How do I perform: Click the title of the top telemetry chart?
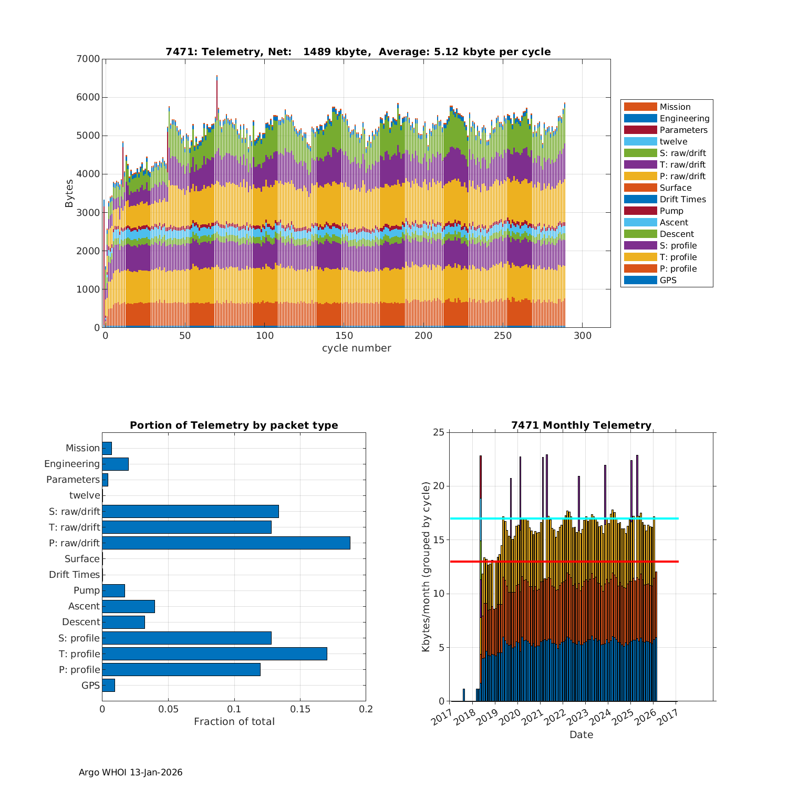(x=358, y=52)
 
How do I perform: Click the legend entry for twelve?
(x=673, y=142)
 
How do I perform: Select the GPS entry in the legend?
(x=668, y=281)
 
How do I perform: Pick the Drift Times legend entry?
(x=682, y=200)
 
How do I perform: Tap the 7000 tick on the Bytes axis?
(x=89, y=59)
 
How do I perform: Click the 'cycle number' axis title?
(x=356, y=348)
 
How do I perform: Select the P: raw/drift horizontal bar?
(x=226, y=543)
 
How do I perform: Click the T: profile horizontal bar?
(x=214, y=654)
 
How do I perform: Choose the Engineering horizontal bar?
(x=115, y=464)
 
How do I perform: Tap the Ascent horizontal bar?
(x=128, y=606)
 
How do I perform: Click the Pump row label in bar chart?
(x=86, y=590)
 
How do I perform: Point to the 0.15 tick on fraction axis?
(x=300, y=709)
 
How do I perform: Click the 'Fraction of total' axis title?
(x=234, y=722)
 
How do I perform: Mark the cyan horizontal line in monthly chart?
(x=667, y=519)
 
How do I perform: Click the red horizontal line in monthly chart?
(x=667, y=562)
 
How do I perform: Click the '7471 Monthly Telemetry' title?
(x=581, y=426)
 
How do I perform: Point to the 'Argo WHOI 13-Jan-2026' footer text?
(x=130, y=772)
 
